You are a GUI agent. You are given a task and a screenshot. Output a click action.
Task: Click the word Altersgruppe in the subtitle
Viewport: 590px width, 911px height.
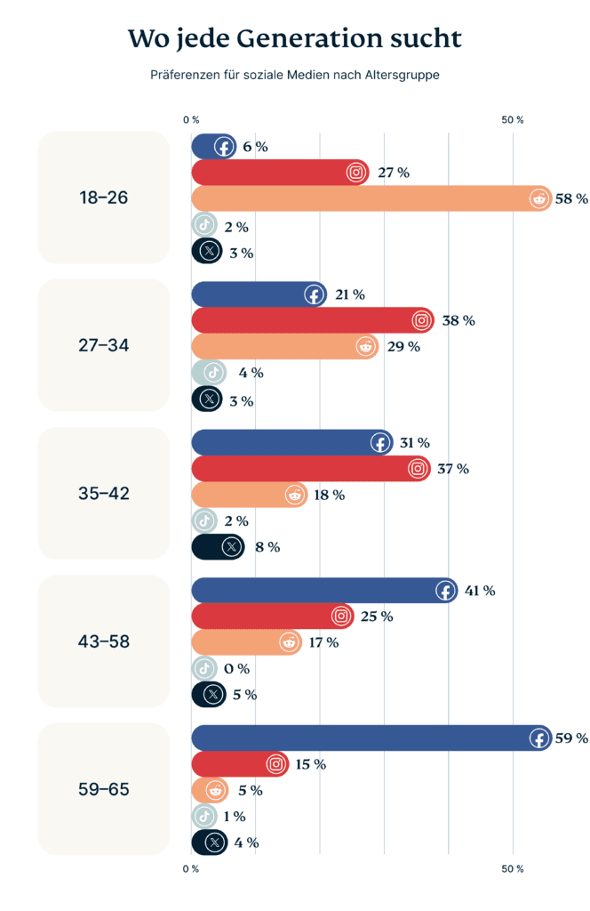click(399, 76)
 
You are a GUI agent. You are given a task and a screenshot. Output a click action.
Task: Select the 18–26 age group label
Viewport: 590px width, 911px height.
click(104, 198)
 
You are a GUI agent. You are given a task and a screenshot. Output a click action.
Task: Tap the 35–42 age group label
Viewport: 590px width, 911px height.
click(104, 493)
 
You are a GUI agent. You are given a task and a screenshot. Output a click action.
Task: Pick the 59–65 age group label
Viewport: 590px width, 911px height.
click(104, 789)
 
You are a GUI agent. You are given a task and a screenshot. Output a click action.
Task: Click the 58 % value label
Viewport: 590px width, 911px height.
click(571, 198)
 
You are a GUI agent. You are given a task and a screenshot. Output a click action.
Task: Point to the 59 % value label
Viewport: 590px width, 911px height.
click(571, 738)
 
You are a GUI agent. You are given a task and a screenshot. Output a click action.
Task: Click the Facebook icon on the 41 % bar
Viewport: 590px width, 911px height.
click(444, 590)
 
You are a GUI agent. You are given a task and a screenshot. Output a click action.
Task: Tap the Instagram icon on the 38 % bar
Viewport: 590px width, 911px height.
click(421, 320)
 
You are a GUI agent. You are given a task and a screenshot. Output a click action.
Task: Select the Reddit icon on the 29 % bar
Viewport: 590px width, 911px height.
click(365, 346)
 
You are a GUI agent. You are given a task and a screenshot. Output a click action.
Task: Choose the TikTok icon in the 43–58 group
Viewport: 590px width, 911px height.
click(204, 668)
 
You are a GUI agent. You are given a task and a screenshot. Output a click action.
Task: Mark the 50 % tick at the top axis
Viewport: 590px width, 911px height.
click(513, 119)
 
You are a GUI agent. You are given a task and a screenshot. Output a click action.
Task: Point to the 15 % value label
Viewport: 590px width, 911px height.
click(310, 764)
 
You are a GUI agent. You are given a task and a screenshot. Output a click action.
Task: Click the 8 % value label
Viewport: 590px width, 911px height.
click(267, 547)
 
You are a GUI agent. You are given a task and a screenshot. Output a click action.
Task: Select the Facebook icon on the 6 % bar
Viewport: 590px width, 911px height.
click(223, 147)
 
